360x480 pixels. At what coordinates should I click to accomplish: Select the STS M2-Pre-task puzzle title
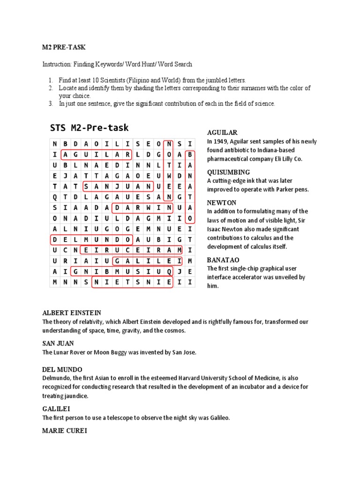pyautogui.click(x=89, y=127)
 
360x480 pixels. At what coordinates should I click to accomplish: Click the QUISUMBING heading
pyautogui.click(x=228, y=172)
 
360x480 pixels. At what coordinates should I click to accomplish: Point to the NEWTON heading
pyautogui.click(x=221, y=202)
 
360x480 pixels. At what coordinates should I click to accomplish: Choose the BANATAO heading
pyautogui.click(x=224, y=260)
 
